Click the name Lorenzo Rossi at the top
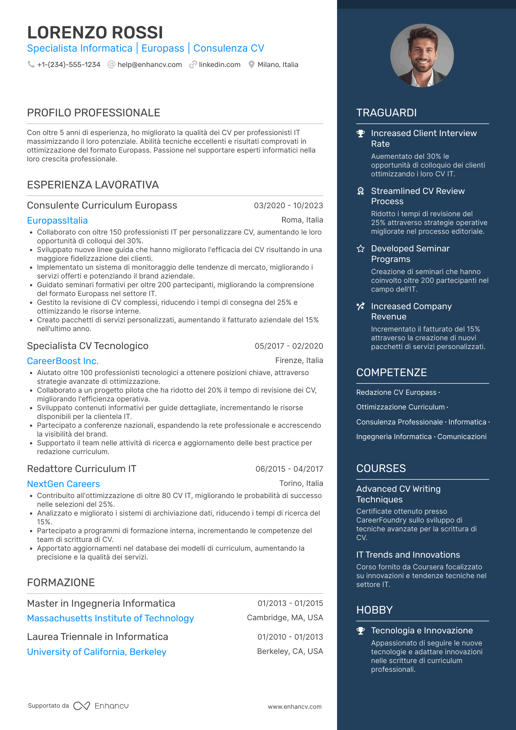(x=95, y=33)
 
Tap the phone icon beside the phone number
(x=31, y=64)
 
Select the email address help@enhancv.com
(x=149, y=65)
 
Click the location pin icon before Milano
(x=251, y=65)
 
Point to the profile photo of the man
(x=422, y=56)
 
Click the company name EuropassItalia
(x=57, y=221)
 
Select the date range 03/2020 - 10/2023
(x=288, y=206)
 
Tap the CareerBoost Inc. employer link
(x=63, y=361)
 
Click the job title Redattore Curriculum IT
(x=82, y=469)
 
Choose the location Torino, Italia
(x=301, y=483)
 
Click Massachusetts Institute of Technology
(x=111, y=618)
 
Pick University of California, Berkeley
(x=97, y=652)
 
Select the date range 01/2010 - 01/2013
(x=290, y=637)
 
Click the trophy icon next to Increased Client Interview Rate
(x=361, y=134)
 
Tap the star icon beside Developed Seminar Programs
(x=361, y=249)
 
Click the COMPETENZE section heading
(x=392, y=373)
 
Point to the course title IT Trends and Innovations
(x=408, y=555)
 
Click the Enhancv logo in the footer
(x=101, y=706)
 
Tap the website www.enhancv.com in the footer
(x=295, y=707)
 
